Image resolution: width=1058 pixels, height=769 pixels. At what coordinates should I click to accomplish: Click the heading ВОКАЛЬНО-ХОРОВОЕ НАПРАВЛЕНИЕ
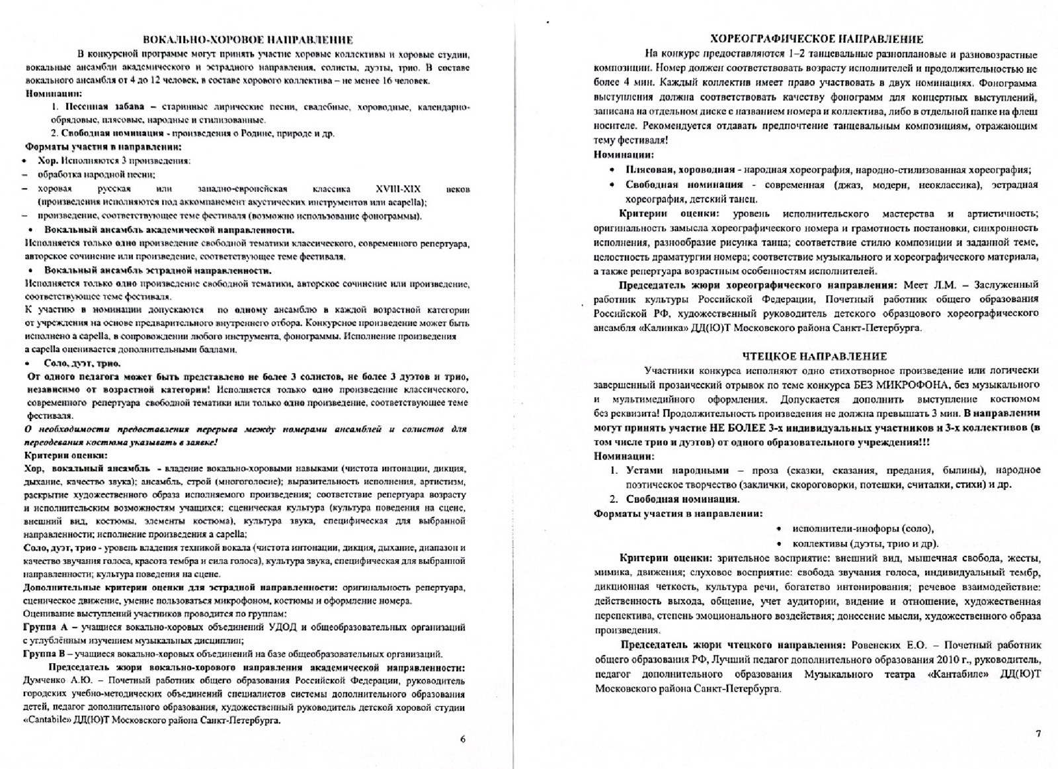[248, 40]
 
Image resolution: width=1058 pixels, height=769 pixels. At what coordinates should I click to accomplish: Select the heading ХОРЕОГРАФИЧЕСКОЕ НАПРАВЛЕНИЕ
[816, 39]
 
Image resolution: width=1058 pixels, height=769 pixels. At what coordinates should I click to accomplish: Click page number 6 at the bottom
[462, 739]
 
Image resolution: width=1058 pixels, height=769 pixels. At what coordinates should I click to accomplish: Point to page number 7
[1038, 733]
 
